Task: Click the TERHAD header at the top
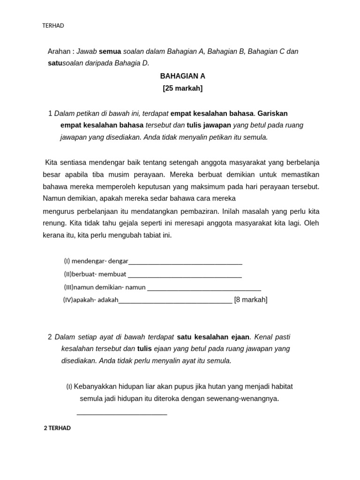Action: (53, 26)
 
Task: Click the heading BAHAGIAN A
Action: (182, 76)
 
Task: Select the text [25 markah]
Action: (182, 88)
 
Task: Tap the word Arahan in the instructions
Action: (59, 51)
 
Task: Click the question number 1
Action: (50, 113)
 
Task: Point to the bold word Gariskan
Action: (272, 113)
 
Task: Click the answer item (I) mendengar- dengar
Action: (96, 261)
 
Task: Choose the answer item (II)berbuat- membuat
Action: (95, 274)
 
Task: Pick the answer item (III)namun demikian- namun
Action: (105, 287)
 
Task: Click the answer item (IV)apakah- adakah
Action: (90, 300)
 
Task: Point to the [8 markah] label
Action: (251, 300)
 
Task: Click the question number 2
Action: (50, 337)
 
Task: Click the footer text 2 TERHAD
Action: (57, 428)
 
